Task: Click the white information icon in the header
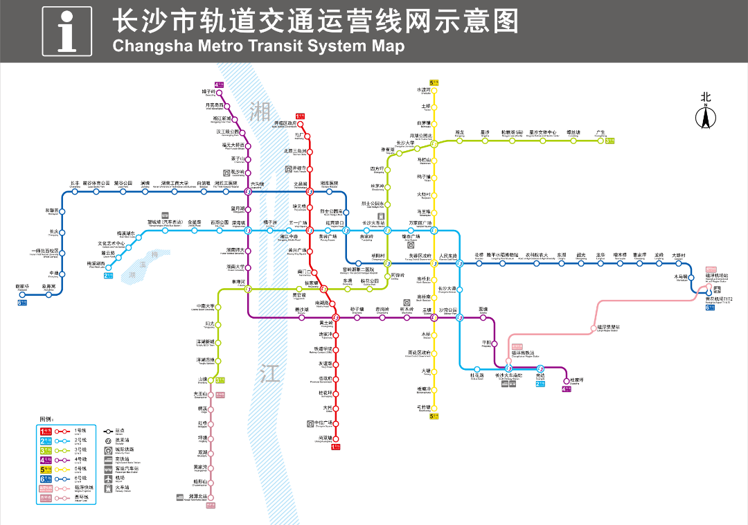(x=66, y=31)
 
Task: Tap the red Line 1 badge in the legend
(x=46, y=431)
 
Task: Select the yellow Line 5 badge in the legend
(x=46, y=469)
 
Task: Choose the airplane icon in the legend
(x=109, y=479)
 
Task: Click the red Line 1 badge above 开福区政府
(x=300, y=116)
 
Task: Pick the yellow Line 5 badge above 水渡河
(x=434, y=83)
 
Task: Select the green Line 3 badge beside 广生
(x=609, y=141)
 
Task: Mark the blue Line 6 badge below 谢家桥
(x=23, y=302)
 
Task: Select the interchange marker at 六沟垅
(x=249, y=192)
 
